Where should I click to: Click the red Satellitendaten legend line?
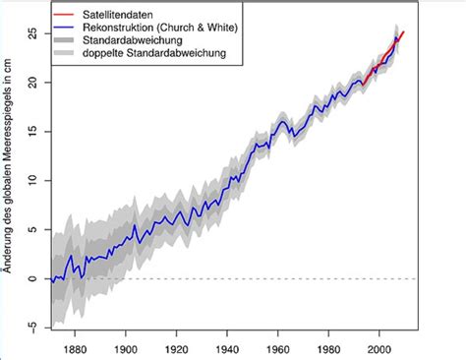pos(63,15)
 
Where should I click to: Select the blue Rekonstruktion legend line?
pos(63,28)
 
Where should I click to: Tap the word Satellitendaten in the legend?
pos(118,15)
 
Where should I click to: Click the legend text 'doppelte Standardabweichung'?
pos(154,53)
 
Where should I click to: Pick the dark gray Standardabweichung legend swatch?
pos(63,40)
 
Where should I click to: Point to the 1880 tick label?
pos(75,350)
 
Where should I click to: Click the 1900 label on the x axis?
pos(126,350)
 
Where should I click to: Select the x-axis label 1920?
pos(176,350)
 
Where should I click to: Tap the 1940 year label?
pos(227,350)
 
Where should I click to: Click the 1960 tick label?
pos(278,350)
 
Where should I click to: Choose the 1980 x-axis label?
pos(328,350)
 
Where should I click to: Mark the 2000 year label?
pos(379,350)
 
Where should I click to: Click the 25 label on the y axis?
pos(32,33)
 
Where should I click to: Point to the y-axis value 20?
pos(32,83)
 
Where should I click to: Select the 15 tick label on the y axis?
pos(32,132)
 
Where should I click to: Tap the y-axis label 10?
pos(32,180)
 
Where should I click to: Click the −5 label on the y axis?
pos(32,327)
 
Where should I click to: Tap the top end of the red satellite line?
pos(404,31)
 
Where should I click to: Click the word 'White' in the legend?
pos(222,28)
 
